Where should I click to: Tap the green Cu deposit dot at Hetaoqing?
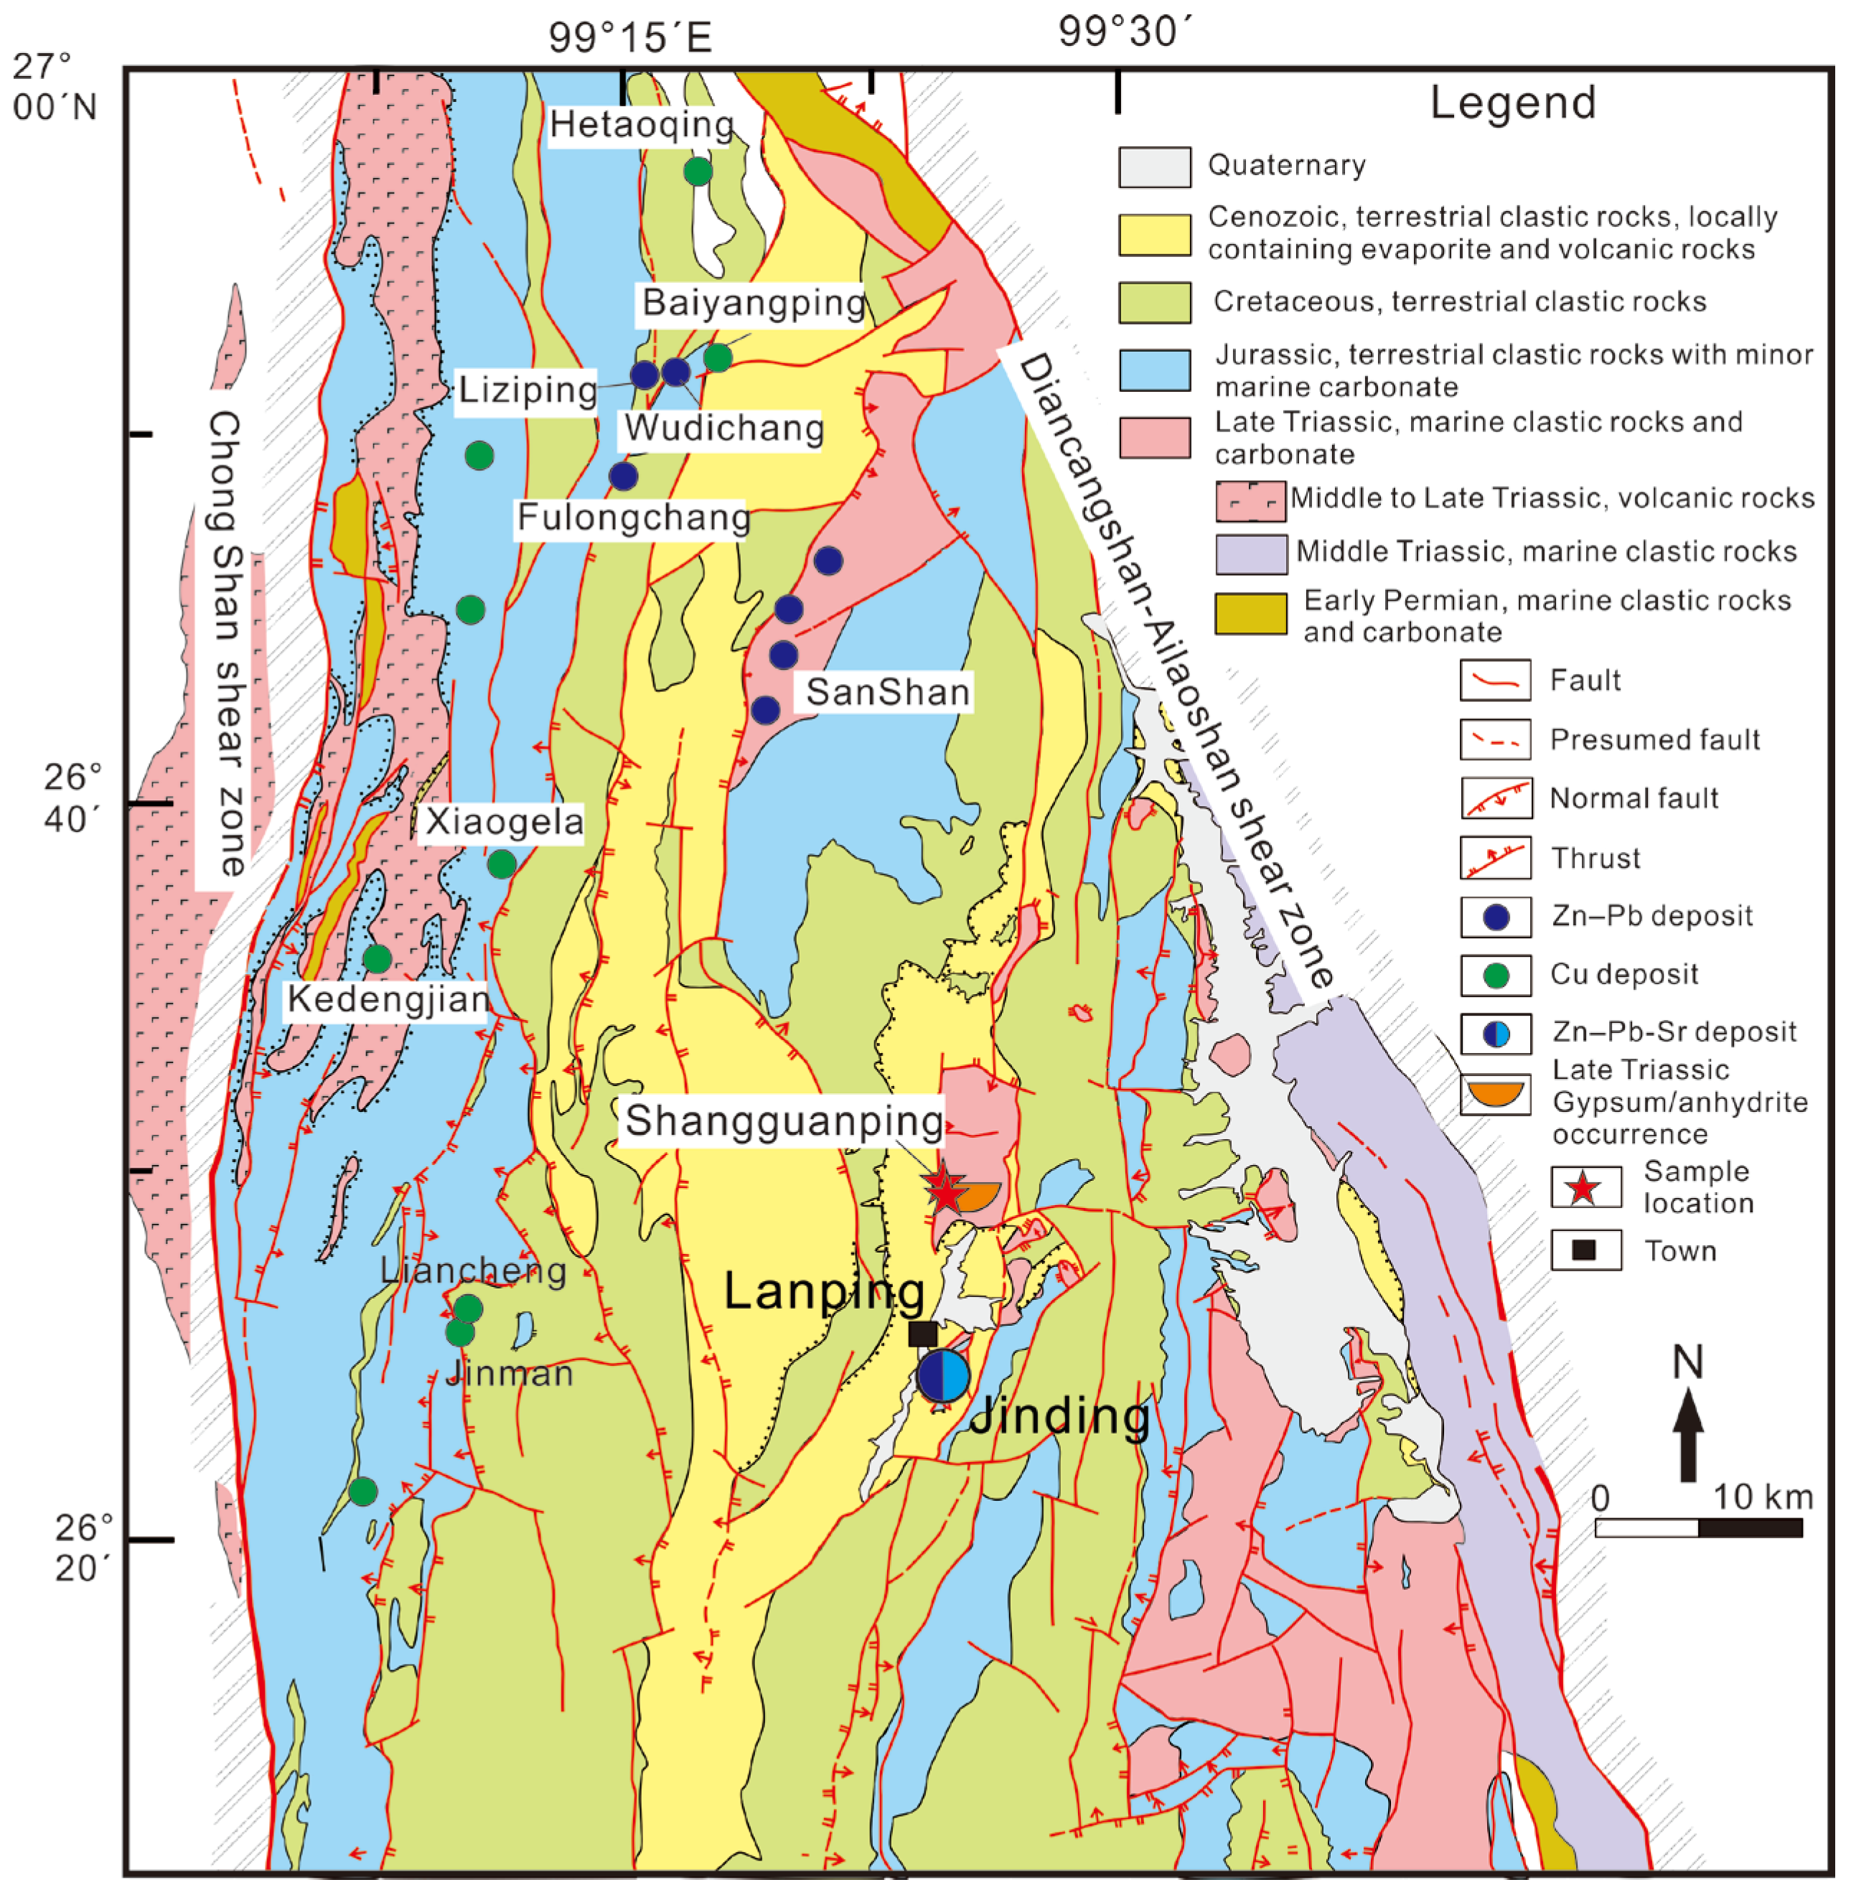click(698, 171)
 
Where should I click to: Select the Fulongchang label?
click(633, 518)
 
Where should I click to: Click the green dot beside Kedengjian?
click(378, 959)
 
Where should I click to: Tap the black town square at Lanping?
click(922, 1333)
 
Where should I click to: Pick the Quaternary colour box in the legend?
click(1154, 167)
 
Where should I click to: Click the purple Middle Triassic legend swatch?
click(1251, 553)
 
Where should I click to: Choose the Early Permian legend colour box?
click(1251, 614)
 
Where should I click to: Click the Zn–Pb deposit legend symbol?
click(1496, 916)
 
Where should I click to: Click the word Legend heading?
click(1513, 102)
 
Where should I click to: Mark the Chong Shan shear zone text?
click(225, 642)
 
